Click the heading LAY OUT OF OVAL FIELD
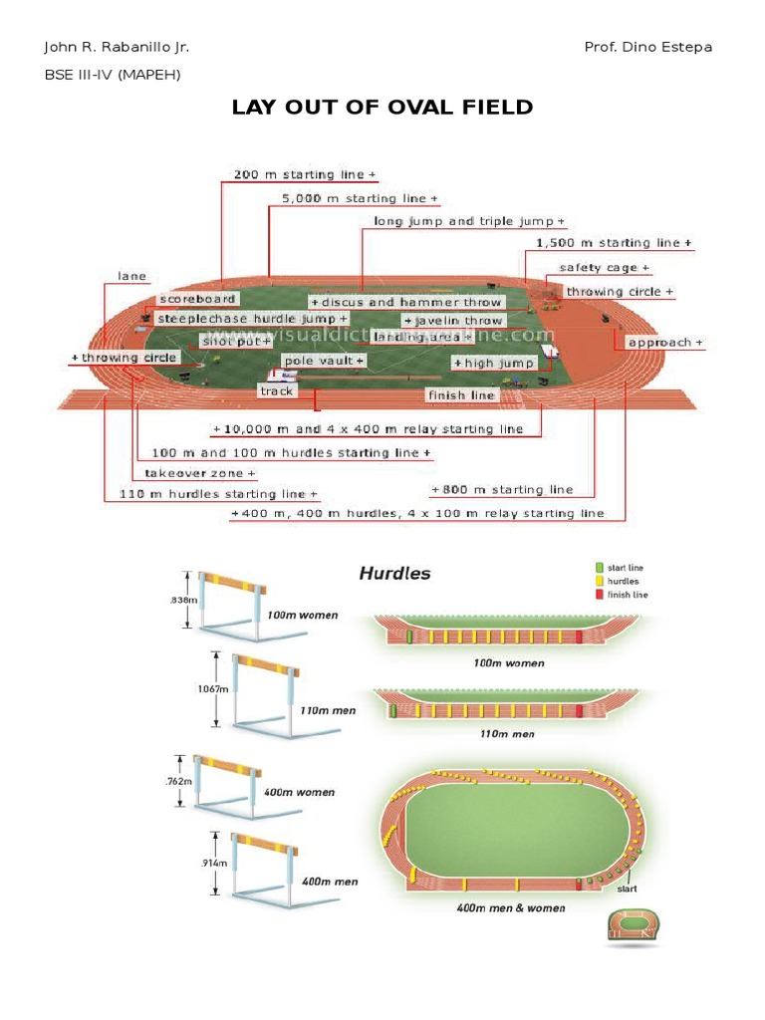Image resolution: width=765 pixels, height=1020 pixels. pos(382,108)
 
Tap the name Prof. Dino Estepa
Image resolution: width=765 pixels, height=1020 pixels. pos(648,48)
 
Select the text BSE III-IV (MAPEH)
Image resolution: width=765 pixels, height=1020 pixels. pos(113,74)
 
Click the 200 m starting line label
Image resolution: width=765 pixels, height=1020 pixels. pos(305,175)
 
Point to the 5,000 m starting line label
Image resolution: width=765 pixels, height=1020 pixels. pos(360,199)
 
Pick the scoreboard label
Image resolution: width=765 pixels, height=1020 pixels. pos(197,299)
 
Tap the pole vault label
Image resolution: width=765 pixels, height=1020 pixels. pos(324,361)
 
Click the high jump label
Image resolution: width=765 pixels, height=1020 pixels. pos(495,364)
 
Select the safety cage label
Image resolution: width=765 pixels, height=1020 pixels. pos(604,268)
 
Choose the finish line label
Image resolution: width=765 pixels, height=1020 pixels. pos(461,395)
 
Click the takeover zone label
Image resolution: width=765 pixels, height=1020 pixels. pos(199,474)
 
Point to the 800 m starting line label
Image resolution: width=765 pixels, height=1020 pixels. pos(502,490)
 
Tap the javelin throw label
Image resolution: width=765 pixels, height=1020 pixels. pos(453,321)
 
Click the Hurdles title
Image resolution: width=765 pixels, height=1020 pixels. pos(394,574)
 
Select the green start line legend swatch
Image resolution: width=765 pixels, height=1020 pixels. pos(599,568)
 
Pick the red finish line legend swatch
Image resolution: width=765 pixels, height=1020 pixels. pos(599,595)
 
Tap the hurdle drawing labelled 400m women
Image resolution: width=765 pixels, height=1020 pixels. pos(227,781)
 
